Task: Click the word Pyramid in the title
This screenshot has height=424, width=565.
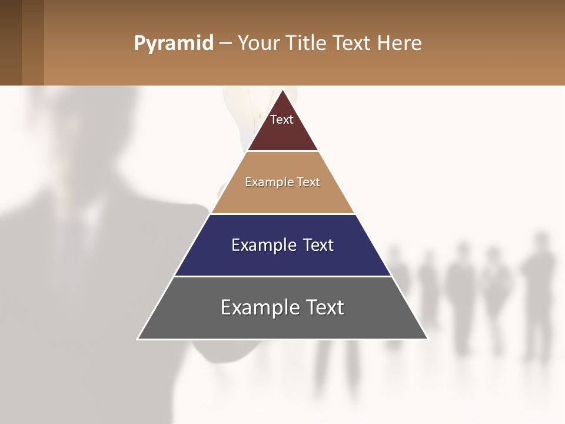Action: [x=174, y=44]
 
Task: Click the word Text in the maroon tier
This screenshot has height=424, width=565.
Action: [x=282, y=120]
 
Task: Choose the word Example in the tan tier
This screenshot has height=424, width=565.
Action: [x=265, y=182]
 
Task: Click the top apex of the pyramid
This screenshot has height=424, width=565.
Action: [x=282, y=91]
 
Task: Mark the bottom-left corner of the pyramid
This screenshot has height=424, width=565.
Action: [x=138, y=339]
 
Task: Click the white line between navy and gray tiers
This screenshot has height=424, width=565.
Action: [x=282, y=276]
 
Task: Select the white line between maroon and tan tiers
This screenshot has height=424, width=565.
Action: [x=282, y=151]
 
